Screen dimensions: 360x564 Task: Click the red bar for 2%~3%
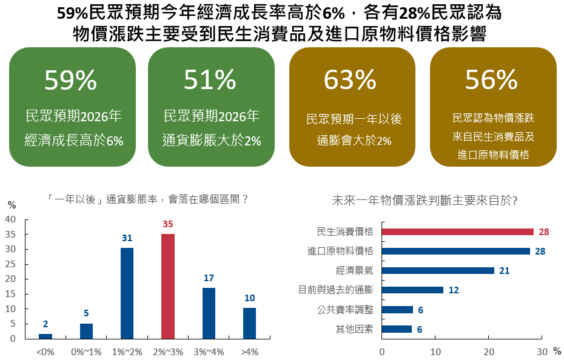168,286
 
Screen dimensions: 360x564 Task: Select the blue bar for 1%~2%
127,293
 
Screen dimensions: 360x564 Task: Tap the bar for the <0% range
45,336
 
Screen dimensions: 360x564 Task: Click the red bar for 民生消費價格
457,232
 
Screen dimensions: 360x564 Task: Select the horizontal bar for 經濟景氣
438,270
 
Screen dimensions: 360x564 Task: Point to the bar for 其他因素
397,329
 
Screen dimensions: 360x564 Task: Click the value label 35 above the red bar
168,224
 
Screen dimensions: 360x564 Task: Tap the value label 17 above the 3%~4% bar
209,278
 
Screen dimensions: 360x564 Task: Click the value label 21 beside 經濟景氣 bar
504,271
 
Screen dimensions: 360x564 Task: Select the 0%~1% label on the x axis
86,352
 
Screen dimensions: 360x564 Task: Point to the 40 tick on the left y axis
10,219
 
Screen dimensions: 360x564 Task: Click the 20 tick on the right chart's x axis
489,352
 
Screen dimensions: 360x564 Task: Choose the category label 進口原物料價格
340,251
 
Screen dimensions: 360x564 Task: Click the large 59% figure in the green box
71,80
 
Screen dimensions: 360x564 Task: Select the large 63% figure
351,80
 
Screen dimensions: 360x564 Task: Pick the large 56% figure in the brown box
491,79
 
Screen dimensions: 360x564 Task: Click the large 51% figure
210,80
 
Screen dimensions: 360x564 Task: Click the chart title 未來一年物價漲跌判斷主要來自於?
425,200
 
